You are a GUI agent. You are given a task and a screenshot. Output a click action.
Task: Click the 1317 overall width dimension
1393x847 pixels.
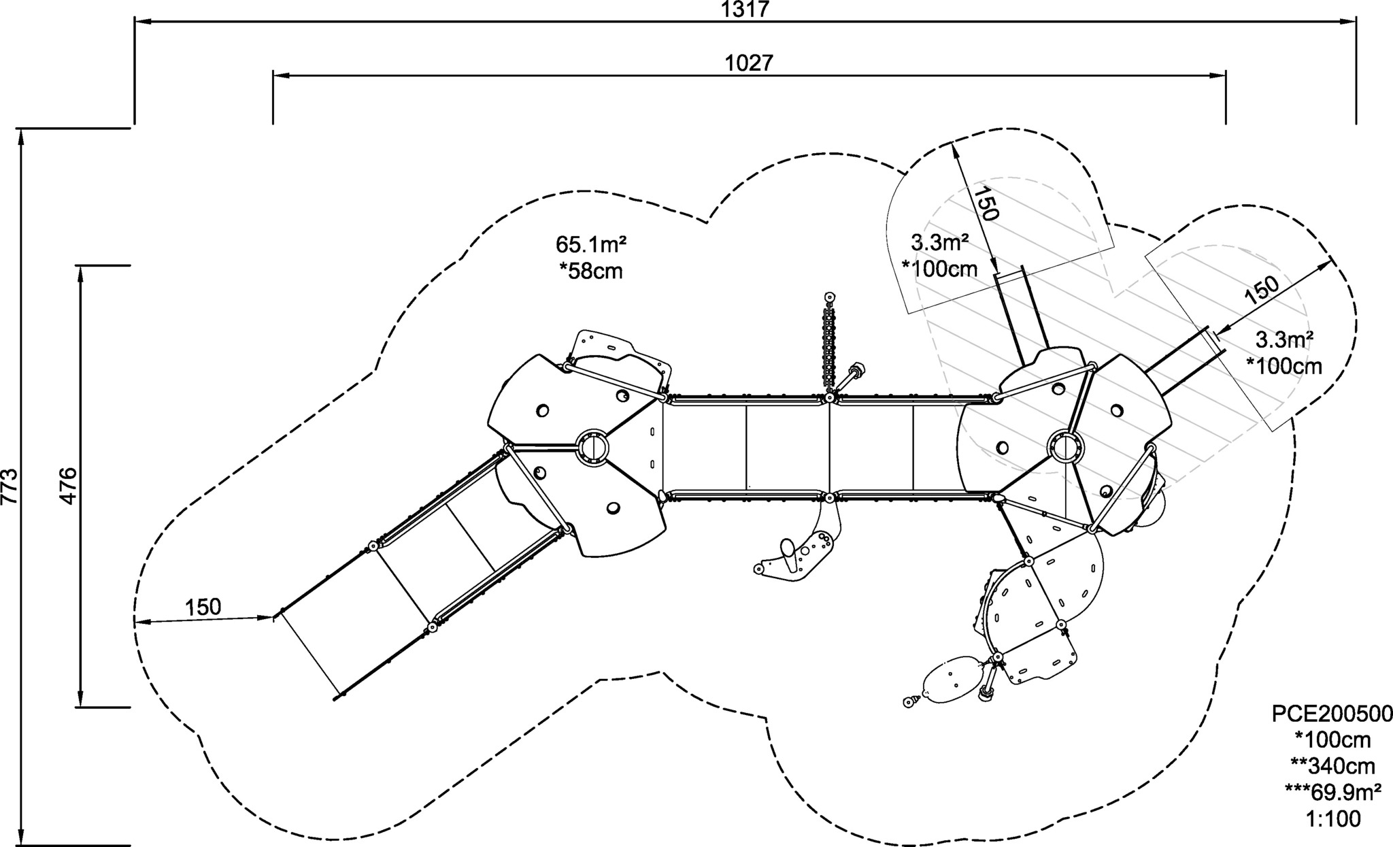pyautogui.click(x=745, y=10)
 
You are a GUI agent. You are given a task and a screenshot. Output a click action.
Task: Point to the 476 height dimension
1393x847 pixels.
pyautogui.click(x=69, y=486)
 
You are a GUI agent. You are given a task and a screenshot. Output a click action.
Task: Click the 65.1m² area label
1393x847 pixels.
pyautogui.click(x=591, y=244)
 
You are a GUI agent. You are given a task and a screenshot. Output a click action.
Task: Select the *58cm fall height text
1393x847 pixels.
pyautogui.click(x=591, y=271)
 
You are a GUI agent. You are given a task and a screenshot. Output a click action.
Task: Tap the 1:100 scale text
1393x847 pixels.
pyautogui.click(x=1333, y=819)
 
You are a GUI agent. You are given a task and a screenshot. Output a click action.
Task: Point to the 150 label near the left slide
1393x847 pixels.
pyautogui.click(x=203, y=607)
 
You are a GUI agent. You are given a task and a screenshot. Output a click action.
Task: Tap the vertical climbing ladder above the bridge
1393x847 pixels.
pyautogui.click(x=829, y=345)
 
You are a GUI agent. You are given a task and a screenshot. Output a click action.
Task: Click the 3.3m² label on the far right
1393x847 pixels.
pyautogui.click(x=1283, y=339)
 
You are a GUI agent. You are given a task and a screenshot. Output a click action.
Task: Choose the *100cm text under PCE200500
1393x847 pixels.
pyautogui.click(x=1333, y=740)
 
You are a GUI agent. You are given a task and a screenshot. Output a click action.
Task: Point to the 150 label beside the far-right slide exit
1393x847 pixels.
pyautogui.click(x=1262, y=290)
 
